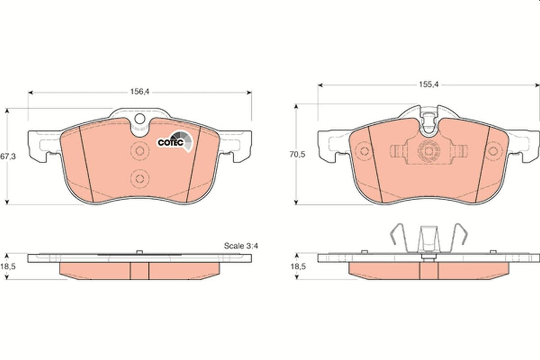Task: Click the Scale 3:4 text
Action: (241, 246)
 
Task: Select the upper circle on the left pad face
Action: (138, 151)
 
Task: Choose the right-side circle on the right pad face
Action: (492, 151)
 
